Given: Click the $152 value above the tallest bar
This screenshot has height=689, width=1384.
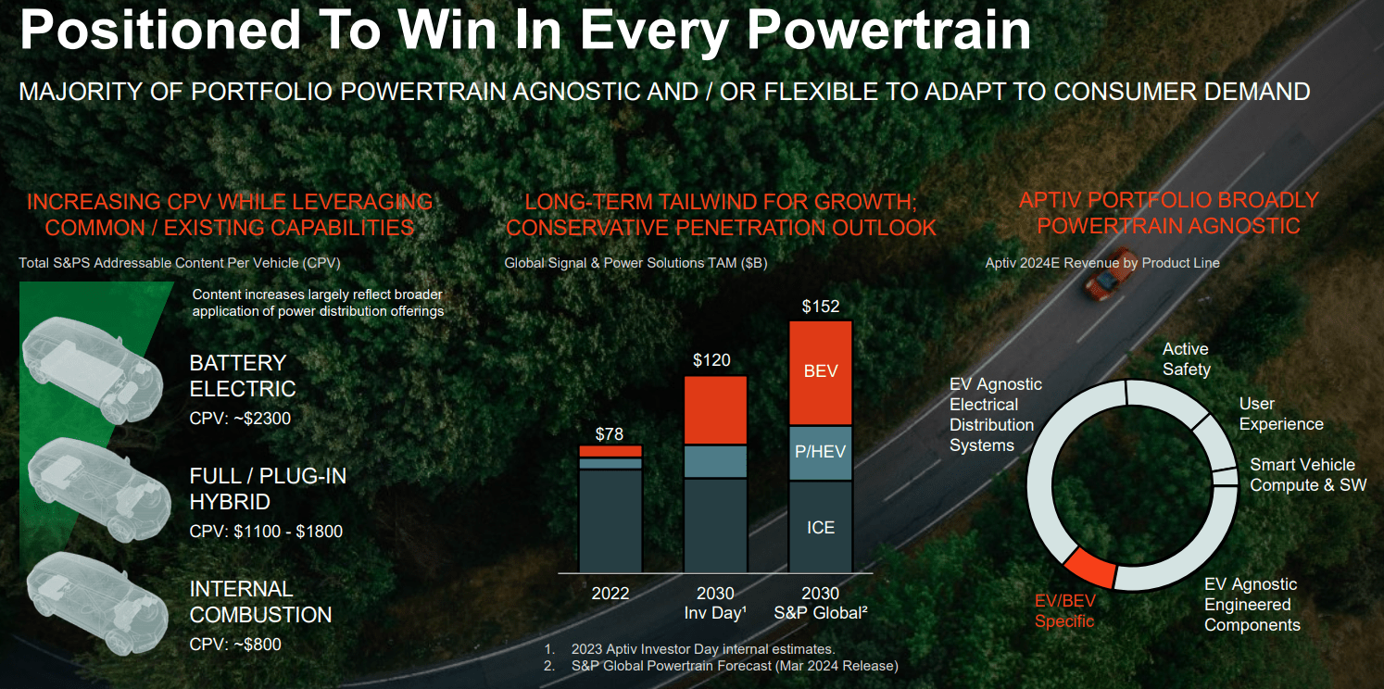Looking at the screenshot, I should (x=820, y=307).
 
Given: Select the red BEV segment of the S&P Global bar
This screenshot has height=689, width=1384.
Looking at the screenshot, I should (x=820, y=371).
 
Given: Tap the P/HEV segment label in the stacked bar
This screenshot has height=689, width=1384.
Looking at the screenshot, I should (x=820, y=452).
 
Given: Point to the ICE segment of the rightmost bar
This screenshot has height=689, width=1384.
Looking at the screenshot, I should (x=820, y=527).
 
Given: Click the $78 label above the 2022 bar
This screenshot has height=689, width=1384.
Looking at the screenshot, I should (x=610, y=433).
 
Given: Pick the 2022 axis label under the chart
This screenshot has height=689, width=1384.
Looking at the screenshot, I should (x=610, y=594).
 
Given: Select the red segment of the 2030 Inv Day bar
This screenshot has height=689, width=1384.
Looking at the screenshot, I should (x=715, y=410).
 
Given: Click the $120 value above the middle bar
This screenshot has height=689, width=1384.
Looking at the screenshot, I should (x=711, y=360).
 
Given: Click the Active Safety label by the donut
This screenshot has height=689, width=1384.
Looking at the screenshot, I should (x=1186, y=359).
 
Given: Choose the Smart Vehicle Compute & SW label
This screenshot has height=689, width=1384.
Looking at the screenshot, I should (x=1307, y=474).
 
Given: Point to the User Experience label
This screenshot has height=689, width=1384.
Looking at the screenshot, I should (x=1280, y=414).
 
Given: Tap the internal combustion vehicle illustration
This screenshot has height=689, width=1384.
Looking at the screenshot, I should (x=88, y=597).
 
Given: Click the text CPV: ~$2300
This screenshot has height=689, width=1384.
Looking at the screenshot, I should (x=240, y=419).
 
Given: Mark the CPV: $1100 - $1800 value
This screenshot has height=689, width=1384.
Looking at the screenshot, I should (x=266, y=532).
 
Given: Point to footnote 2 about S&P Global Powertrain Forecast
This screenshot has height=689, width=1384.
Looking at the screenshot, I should (x=732, y=665).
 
